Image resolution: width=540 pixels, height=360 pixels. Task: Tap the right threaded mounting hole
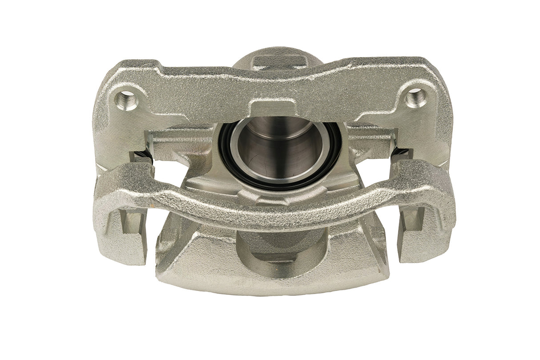click(x=416, y=97)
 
